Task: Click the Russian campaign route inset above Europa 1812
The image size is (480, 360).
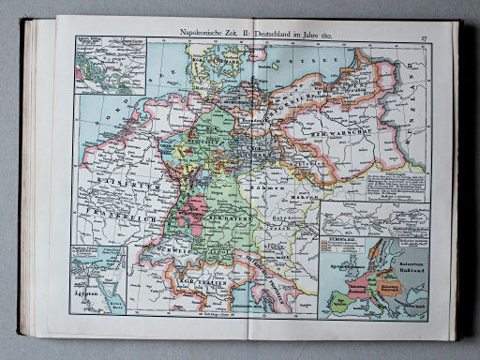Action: tap(374, 225)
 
